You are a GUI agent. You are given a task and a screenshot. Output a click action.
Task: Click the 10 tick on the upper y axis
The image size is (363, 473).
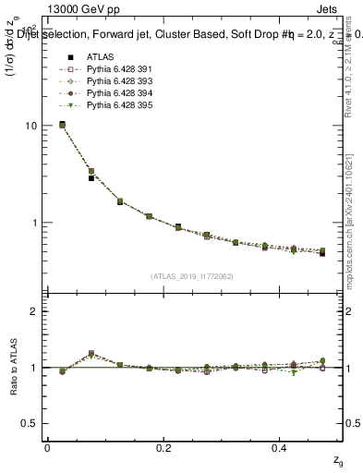30,126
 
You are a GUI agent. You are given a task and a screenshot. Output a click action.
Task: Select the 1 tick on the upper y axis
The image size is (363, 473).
32,223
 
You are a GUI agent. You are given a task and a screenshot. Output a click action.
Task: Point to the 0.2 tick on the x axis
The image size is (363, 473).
164,447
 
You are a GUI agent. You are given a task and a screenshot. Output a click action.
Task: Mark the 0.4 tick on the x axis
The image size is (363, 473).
282,447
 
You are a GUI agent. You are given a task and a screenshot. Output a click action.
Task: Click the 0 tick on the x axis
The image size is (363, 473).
47,447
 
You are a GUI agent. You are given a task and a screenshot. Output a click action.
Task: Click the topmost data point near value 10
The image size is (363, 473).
62,124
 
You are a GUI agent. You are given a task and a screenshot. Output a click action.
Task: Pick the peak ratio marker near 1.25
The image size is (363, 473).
91,353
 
